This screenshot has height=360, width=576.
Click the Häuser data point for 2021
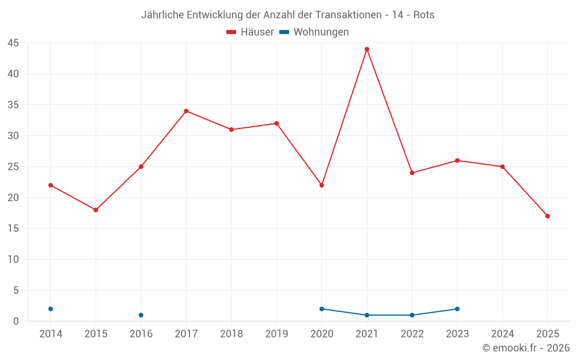click(x=367, y=49)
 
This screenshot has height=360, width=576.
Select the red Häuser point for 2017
click(x=186, y=111)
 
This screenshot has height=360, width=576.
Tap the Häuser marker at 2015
click(x=96, y=210)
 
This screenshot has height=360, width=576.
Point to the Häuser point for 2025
click(x=548, y=216)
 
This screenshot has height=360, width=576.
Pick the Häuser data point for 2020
click(x=322, y=185)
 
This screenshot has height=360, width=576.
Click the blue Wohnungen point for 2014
click(x=51, y=309)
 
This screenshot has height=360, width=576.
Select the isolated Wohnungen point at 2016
click(x=141, y=315)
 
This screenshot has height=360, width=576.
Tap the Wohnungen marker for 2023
click(x=457, y=309)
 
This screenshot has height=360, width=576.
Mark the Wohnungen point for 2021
click(x=367, y=315)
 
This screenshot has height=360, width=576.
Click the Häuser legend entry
click(x=250, y=32)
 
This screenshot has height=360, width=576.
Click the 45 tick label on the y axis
click(x=13, y=43)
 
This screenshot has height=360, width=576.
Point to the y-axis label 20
click(x=13, y=198)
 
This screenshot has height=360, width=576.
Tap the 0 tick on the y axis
click(x=17, y=321)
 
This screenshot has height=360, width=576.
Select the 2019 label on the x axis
click(x=276, y=334)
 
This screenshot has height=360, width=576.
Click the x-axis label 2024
click(x=502, y=334)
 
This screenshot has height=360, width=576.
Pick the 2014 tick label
click(x=51, y=334)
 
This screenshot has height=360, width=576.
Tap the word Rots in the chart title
click(x=424, y=15)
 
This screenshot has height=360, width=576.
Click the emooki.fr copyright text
click(x=526, y=348)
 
